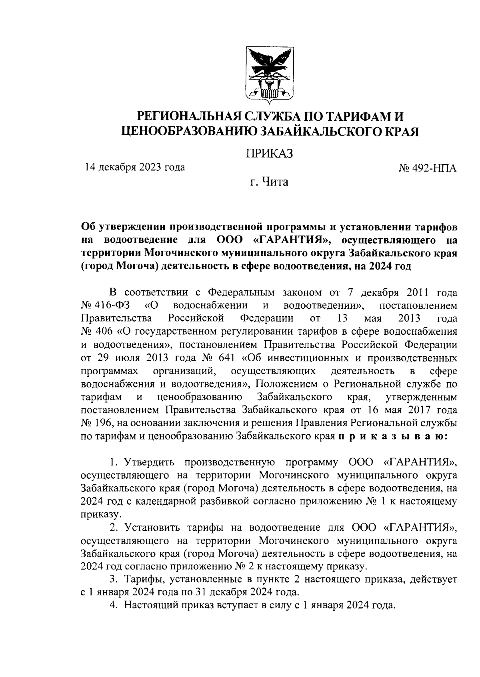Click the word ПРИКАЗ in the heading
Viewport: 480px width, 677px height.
[269, 153]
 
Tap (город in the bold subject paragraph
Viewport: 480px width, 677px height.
[97, 266]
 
